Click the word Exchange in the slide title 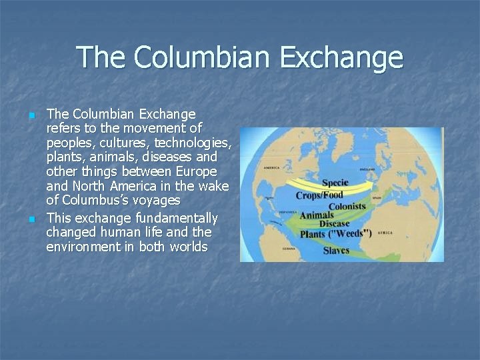coord(341,57)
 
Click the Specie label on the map coord(335,183)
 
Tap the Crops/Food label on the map coord(319,195)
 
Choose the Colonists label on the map coord(347,206)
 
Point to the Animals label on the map coord(317,215)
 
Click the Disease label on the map coord(335,224)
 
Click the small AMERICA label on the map coord(271,168)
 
